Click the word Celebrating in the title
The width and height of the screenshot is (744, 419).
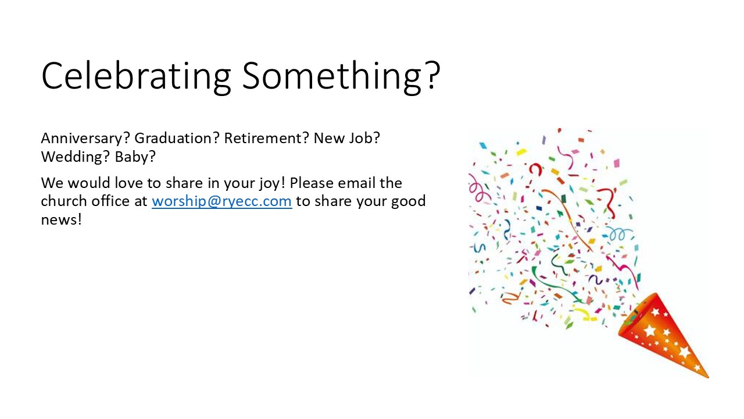pyautogui.click(x=136, y=76)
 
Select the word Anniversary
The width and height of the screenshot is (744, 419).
pyautogui.click(x=85, y=139)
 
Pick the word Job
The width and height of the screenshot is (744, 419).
pyautogui.click(x=364, y=138)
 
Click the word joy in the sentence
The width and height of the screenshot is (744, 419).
pyautogui.click(x=269, y=183)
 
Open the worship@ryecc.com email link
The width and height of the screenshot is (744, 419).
pyautogui.click(x=222, y=201)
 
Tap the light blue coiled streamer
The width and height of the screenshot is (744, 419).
pyautogui.click(x=618, y=235)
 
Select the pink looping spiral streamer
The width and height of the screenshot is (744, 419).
pyautogui.click(x=478, y=189)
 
